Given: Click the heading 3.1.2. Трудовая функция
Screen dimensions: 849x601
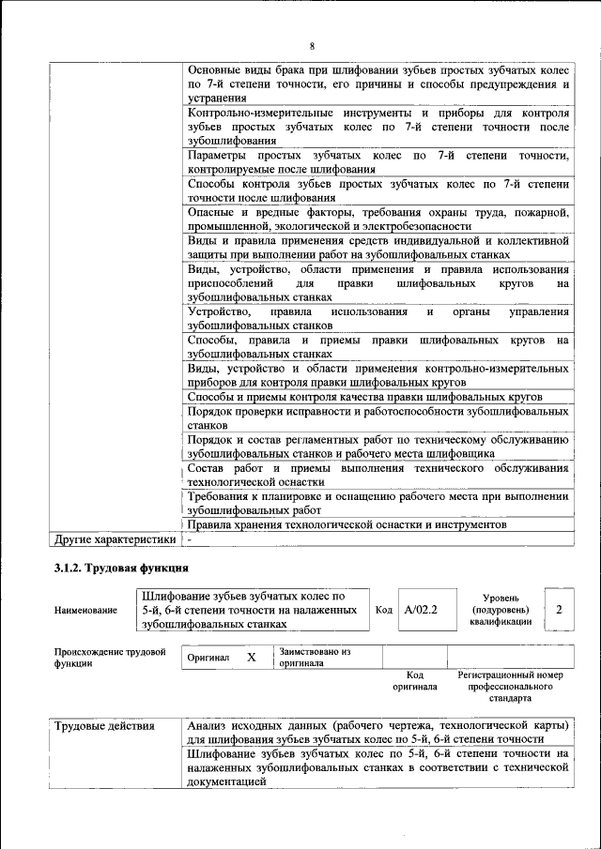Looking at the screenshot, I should tap(121, 569).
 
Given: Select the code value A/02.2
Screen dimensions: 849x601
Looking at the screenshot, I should tap(421, 610).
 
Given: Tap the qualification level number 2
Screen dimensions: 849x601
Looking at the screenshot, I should tap(559, 610).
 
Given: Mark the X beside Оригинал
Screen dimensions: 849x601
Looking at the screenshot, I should tap(251, 658).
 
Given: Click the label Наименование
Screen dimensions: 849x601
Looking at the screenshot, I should tap(85, 611).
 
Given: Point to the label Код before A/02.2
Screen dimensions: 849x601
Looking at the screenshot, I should tap(383, 610).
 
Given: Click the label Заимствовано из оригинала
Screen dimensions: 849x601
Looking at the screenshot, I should tap(315, 657).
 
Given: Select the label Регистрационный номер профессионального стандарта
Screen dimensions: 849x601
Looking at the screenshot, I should tap(511, 686).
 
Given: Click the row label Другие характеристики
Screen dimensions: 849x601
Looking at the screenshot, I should tap(115, 539).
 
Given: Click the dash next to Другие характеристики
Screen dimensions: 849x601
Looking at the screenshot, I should tap(190, 540).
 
